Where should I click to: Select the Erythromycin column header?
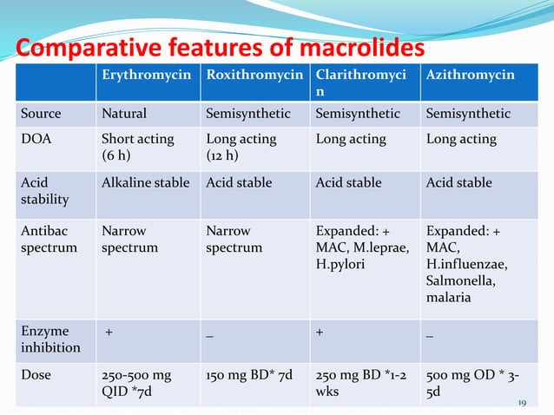[x=147, y=76]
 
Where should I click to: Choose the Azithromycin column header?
[x=470, y=76]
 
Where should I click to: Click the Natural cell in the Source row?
[x=124, y=114]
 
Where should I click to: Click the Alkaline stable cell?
[x=148, y=182]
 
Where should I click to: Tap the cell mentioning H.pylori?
[x=359, y=247]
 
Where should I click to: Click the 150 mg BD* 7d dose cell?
[x=250, y=376]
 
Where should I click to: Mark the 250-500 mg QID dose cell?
[x=136, y=384]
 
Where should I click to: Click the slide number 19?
[x=523, y=403]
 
